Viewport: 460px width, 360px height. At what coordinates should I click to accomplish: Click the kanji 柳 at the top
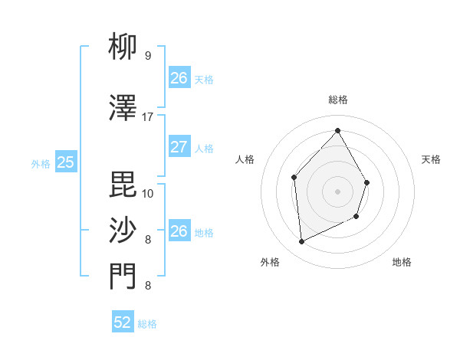(x=123, y=48)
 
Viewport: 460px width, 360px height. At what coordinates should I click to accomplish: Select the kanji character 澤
(x=123, y=109)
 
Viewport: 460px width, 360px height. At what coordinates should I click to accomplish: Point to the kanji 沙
(x=123, y=230)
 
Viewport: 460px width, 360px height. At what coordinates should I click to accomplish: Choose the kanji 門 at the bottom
(x=123, y=277)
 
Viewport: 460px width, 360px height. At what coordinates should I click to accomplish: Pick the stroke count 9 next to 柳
(x=147, y=56)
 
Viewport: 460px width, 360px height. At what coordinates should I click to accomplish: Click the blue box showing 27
(x=179, y=147)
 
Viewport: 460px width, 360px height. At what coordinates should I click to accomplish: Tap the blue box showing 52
(x=123, y=322)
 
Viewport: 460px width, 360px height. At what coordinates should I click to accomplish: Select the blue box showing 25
(x=65, y=162)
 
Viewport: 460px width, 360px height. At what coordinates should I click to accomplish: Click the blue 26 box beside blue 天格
(x=179, y=78)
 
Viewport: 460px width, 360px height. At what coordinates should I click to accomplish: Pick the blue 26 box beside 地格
(x=179, y=231)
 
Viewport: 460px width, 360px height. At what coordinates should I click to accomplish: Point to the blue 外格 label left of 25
(x=41, y=163)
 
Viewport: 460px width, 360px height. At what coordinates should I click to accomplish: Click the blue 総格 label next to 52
(x=147, y=324)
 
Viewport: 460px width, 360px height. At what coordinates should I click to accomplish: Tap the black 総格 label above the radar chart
(x=337, y=100)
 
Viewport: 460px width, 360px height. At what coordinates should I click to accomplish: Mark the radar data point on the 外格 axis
(x=301, y=242)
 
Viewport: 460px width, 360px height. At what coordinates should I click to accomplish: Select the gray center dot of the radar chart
(x=337, y=191)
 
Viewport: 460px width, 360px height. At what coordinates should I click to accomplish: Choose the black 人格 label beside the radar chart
(x=245, y=159)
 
